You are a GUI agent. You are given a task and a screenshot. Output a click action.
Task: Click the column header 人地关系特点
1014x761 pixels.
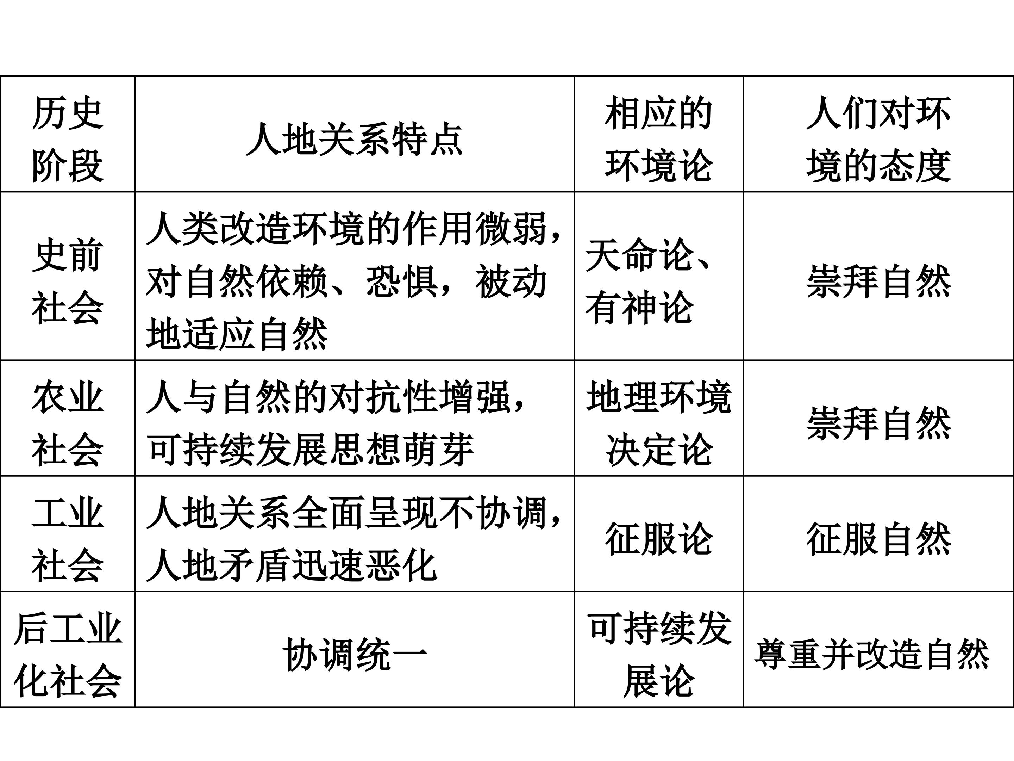click(x=354, y=139)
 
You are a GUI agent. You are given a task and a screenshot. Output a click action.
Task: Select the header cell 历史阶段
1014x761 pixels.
click(x=68, y=139)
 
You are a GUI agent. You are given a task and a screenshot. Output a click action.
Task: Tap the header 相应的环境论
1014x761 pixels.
click(x=658, y=139)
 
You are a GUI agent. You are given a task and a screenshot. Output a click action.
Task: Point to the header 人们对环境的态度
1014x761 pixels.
click(x=878, y=139)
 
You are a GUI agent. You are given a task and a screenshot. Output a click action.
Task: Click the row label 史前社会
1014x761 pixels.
click(x=68, y=281)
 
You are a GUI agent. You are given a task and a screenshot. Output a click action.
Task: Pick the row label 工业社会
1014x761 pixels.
click(x=68, y=539)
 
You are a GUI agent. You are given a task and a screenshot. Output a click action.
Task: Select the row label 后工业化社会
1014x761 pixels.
click(x=68, y=655)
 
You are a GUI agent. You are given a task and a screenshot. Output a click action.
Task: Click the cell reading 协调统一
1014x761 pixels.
click(x=354, y=655)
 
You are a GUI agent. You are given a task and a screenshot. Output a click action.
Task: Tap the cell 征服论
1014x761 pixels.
click(x=658, y=539)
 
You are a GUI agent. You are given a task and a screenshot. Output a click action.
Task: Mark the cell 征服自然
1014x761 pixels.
click(x=878, y=539)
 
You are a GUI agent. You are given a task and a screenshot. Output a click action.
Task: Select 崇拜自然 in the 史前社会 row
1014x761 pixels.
click(x=878, y=281)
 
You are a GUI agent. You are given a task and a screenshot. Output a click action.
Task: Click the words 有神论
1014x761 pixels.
click(x=639, y=307)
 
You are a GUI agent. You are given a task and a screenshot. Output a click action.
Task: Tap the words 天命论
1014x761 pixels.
click(x=639, y=255)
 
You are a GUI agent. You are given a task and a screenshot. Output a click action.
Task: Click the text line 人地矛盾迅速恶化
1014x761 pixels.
click(x=292, y=565)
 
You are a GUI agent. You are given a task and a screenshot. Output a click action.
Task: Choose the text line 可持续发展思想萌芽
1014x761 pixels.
click(x=310, y=449)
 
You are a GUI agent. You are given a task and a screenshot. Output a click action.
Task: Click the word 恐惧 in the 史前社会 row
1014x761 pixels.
click(x=402, y=281)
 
